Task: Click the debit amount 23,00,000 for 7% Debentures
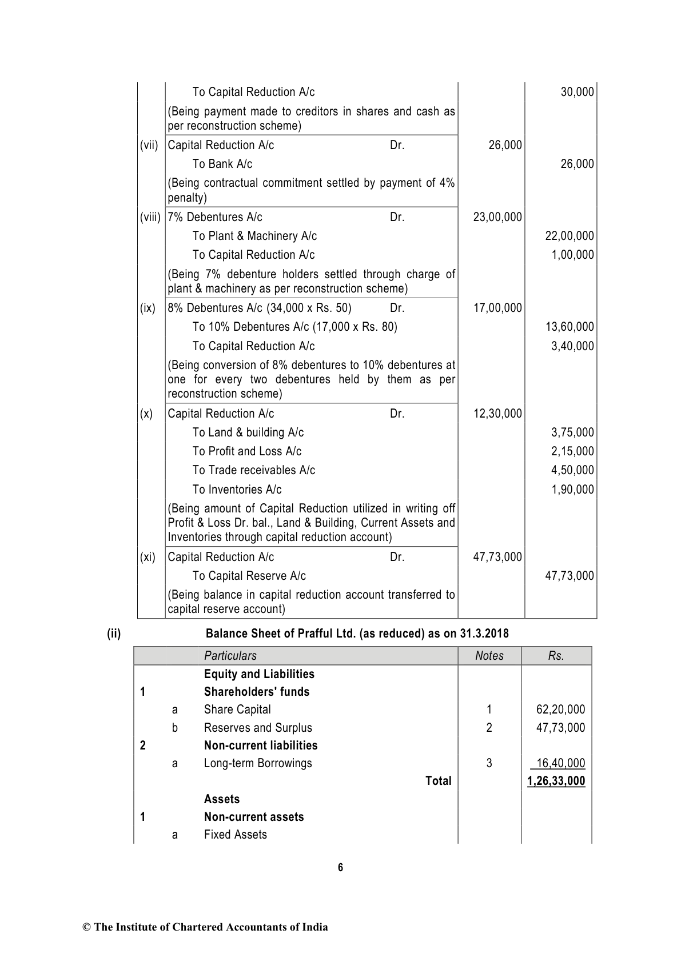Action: [x=497, y=217]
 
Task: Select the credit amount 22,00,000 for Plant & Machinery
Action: [x=569, y=236]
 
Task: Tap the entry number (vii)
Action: [x=149, y=145]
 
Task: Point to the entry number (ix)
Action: [x=148, y=308]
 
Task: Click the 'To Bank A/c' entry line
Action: [x=222, y=164]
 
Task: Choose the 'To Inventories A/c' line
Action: [x=237, y=490]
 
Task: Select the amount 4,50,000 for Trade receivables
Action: [x=572, y=470]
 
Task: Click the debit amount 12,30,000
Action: [x=497, y=414]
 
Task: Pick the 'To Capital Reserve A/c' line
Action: [x=249, y=576]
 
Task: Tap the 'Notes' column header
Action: [x=489, y=656]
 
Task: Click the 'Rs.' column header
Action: [x=556, y=656]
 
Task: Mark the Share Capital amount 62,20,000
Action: [x=560, y=710]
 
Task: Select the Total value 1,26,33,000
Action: [x=556, y=781]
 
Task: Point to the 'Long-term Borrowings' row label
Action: [x=258, y=763]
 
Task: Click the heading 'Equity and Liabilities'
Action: [x=259, y=674]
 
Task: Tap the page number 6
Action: [x=341, y=868]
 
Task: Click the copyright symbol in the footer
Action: [x=87, y=927]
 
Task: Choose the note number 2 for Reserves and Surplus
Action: [x=489, y=728]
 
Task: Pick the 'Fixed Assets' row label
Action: [x=235, y=835]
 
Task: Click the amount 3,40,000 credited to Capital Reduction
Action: [x=572, y=346]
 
